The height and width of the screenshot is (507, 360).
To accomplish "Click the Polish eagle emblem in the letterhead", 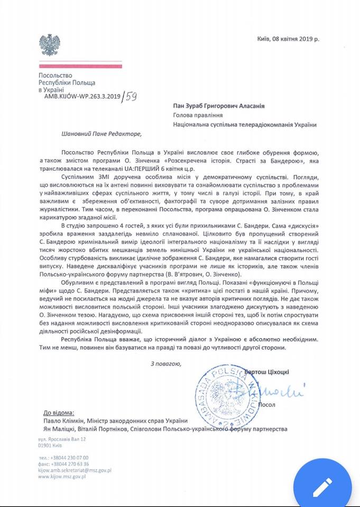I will coord(50,45).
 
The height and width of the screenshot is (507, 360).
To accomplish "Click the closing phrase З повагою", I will coord(165,363).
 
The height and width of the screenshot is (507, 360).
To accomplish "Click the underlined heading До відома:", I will coord(59,412).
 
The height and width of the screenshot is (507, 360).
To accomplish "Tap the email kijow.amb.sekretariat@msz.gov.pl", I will coord(74,470).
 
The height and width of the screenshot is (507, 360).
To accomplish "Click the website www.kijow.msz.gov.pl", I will coord(62,476).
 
